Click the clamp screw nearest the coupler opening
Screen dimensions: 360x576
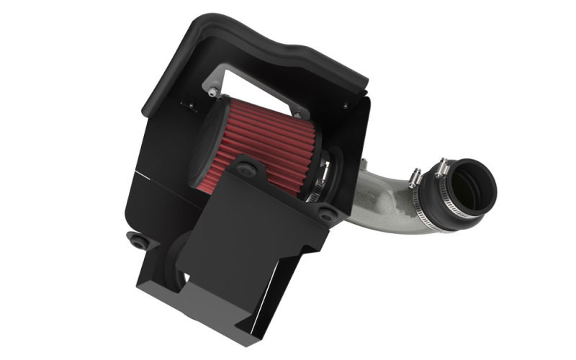point(441,169)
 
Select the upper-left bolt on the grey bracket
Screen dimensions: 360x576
point(212,91)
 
